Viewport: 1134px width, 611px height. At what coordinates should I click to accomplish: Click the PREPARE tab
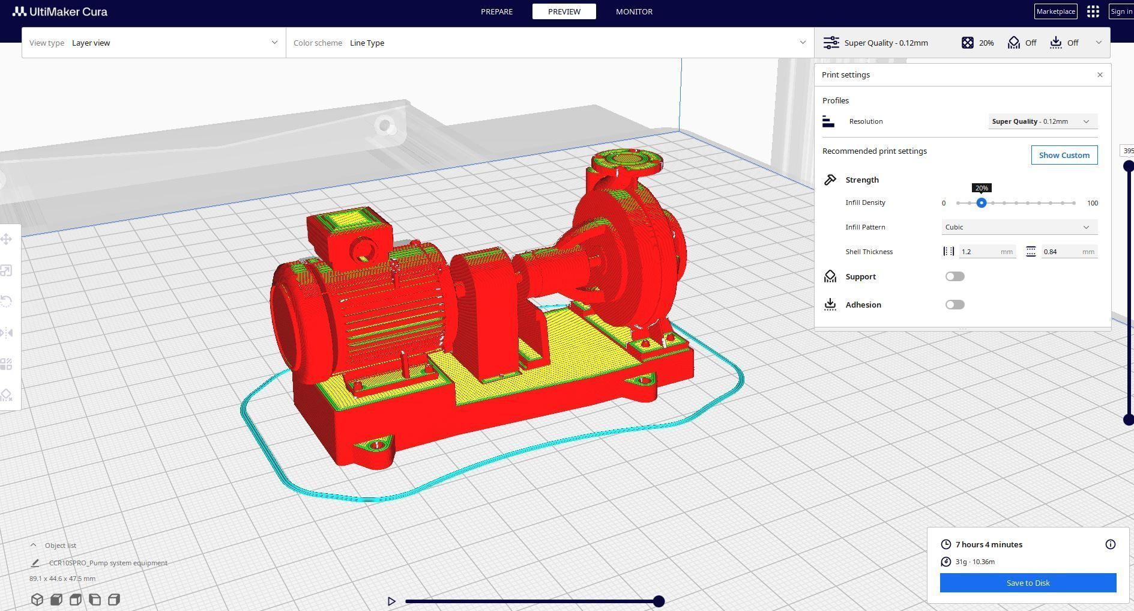[496, 11]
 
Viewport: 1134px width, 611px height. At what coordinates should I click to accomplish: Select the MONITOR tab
[634, 11]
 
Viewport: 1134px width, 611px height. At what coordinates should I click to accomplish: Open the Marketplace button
[1055, 11]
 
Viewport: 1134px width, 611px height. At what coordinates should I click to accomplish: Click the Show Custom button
[1064, 155]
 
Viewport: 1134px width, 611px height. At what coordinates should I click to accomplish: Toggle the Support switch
[955, 276]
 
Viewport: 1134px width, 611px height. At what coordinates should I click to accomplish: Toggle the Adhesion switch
[955, 305]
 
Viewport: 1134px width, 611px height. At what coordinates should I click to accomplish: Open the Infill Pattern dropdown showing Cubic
[1019, 227]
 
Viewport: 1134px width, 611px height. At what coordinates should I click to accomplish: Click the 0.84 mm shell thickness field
[1063, 252]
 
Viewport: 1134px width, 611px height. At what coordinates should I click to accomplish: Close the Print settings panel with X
[1100, 75]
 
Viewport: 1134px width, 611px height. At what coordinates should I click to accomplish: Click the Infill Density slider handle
[982, 203]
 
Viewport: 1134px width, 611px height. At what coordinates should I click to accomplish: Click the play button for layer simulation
[391, 601]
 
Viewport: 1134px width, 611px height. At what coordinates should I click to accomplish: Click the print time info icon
[1110, 544]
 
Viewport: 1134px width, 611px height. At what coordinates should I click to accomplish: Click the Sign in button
[1121, 11]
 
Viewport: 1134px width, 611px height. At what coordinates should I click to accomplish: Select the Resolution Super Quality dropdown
[1042, 121]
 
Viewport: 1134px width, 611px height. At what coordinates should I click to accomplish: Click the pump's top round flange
[627, 161]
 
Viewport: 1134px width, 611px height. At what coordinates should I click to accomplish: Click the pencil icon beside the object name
[35, 563]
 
